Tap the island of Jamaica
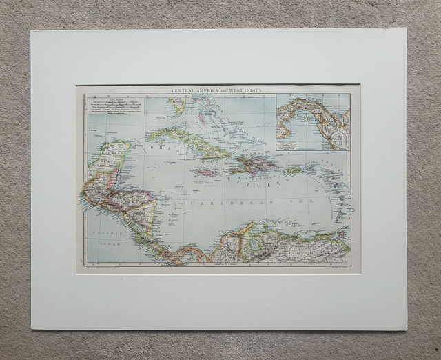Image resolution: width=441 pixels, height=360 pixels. click(x=207, y=172)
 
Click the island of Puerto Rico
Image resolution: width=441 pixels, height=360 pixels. click(x=295, y=169)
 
